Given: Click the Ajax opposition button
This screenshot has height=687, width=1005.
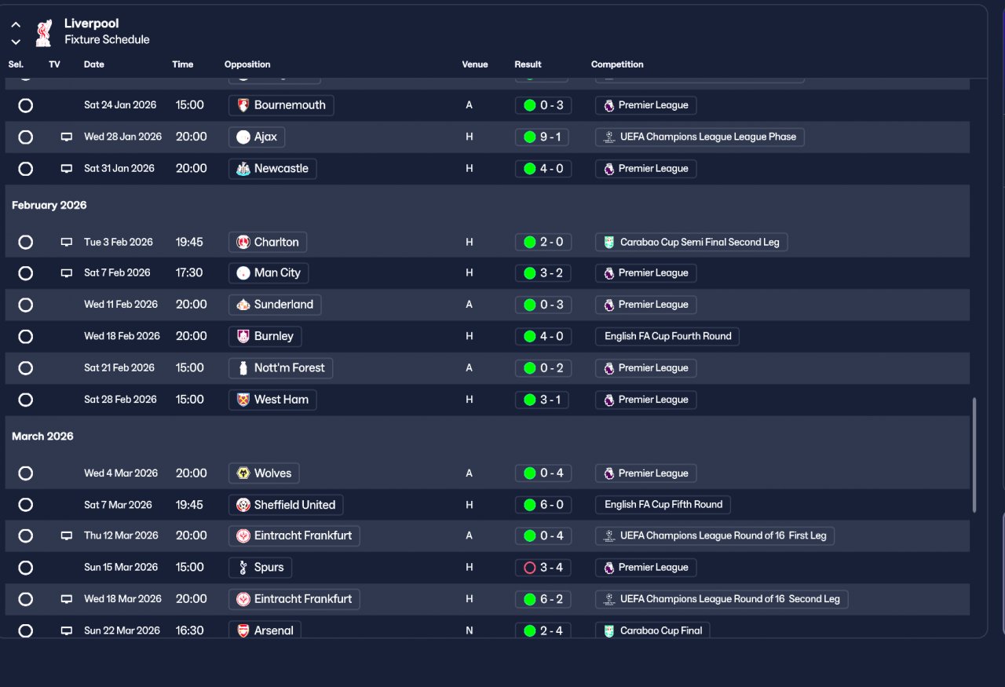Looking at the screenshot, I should pyautogui.click(x=257, y=137).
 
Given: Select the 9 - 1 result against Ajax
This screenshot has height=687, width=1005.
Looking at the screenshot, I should pyautogui.click(x=543, y=137).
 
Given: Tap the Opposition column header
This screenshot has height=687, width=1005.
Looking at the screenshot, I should pyautogui.click(x=247, y=64).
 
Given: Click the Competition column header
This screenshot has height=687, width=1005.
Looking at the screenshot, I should pyautogui.click(x=617, y=64).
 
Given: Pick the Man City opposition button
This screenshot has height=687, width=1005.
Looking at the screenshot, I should pyautogui.click(x=269, y=273).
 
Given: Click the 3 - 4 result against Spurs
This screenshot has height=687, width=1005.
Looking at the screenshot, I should pyautogui.click(x=543, y=568).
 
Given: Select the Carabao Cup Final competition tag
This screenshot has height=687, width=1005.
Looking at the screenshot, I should pyautogui.click(x=652, y=630).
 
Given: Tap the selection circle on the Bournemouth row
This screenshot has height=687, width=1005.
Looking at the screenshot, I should pyautogui.click(x=26, y=105).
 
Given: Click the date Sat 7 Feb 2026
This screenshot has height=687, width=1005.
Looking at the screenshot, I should pyautogui.click(x=117, y=273).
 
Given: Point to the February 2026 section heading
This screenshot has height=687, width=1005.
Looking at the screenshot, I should pyautogui.click(x=49, y=205).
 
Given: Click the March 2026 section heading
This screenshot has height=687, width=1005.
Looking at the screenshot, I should pyautogui.click(x=43, y=437).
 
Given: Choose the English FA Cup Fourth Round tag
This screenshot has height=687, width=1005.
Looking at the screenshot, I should pyautogui.click(x=667, y=336).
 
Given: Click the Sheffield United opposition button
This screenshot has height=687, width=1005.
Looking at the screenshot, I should pyautogui.click(x=286, y=505).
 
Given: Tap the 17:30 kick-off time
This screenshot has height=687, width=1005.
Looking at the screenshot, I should pyautogui.click(x=189, y=273).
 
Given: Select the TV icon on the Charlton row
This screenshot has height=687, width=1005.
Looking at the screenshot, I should pyautogui.click(x=67, y=242).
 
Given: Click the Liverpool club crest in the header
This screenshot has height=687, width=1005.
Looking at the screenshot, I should pyautogui.click(x=44, y=32).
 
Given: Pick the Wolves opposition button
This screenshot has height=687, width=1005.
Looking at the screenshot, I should pyautogui.click(x=264, y=473).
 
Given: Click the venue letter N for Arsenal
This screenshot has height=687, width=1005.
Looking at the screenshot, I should pyautogui.click(x=470, y=630).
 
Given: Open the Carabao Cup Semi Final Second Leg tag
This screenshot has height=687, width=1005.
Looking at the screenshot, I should pyautogui.click(x=691, y=242).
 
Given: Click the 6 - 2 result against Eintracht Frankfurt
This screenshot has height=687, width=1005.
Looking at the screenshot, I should pyautogui.click(x=543, y=599).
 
